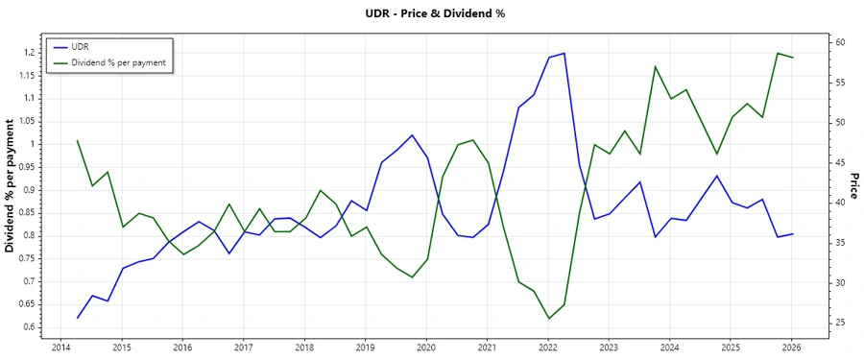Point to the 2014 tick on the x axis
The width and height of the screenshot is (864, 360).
click(60, 348)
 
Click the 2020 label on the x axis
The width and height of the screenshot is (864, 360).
click(426, 348)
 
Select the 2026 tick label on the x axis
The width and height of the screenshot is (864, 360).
click(792, 348)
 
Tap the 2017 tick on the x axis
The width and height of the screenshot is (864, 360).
click(243, 348)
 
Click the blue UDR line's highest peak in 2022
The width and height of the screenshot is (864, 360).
click(564, 53)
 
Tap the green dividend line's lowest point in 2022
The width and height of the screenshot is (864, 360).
click(548, 319)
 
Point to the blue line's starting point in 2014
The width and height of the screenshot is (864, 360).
click(77, 318)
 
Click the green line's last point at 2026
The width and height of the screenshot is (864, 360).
click(792, 58)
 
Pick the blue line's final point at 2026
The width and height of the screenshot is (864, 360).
click(792, 234)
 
